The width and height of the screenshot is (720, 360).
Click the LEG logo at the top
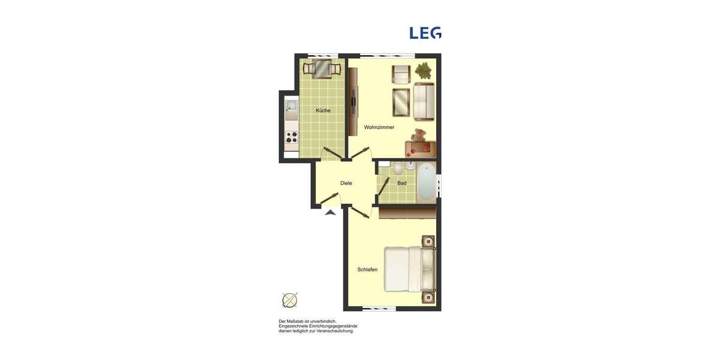tap(425, 33)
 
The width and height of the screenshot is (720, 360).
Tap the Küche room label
tap(323, 110)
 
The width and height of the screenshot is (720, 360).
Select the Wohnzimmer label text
tap(379, 127)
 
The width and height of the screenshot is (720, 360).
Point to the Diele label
tap(346, 183)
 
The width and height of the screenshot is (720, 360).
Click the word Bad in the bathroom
tap(402, 183)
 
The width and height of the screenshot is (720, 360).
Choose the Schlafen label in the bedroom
tap(367, 270)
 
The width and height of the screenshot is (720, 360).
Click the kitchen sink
tap(291, 108)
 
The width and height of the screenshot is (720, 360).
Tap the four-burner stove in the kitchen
tap(291, 138)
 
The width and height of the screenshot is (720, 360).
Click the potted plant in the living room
tap(424, 71)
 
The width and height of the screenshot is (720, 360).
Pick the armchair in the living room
tap(401, 74)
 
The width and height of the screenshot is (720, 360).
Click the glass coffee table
tap(401, 101)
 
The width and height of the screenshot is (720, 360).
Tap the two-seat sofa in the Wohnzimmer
tap(424, 102)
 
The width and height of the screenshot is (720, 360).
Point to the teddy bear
tap(419, 136)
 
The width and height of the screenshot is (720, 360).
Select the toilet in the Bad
tap(398, 169)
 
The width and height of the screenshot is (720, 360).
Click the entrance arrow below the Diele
tap(329, 211)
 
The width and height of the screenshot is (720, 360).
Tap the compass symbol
tap(290, 299)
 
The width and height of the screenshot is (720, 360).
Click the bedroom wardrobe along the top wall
tap(407, 212)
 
